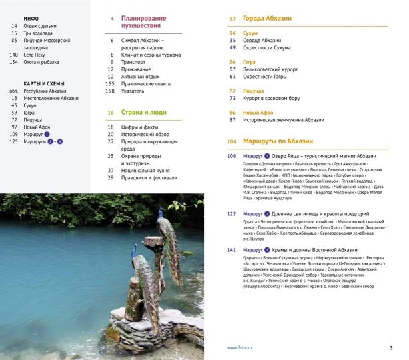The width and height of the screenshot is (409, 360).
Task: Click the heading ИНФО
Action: pos(31,19)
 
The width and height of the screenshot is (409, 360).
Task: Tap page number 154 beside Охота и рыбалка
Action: pos(13,62)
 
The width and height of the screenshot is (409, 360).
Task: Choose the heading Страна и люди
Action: pos(143,113)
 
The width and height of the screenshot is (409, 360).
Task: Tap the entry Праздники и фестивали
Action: pos(149,178)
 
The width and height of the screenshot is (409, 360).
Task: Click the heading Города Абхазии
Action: pos(266,19)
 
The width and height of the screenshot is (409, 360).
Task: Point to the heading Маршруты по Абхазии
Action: pos(276,142)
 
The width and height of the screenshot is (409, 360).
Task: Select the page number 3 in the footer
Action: pos(391,347)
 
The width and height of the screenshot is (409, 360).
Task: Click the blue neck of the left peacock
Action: pos(136,253)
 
